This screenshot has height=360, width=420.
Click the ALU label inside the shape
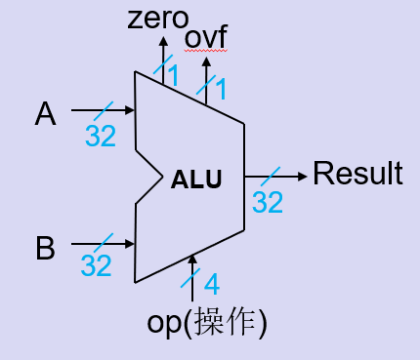click(x=196, y=180)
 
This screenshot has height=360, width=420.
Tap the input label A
click(x=45, y=115)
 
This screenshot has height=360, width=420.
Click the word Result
click(x=357, y=175)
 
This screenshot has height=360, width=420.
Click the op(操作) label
click(x=208, y=321)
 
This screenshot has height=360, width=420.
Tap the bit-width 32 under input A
click(x=100, y=136)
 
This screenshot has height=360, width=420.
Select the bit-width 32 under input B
click(x=96, y=264)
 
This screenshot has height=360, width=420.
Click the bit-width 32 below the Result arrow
click(x=268, y=202)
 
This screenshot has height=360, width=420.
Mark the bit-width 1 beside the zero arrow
click(x=172, y=74)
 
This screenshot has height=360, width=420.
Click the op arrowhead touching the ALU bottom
click(x=192, y=259)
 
